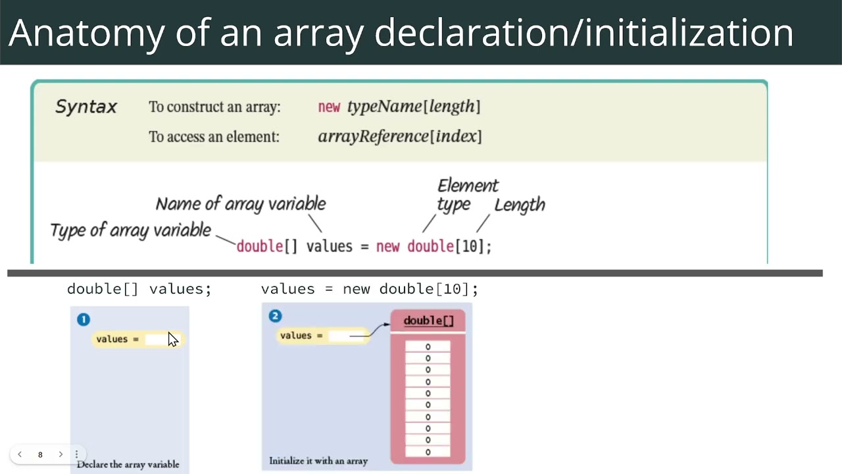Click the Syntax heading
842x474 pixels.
[86, 107]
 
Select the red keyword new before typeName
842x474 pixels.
[329, 107]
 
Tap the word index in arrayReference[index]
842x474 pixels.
[457, 136]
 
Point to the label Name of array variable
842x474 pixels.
[241, 204]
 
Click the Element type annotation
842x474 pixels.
[467, 195]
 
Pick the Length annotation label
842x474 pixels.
[520, 205]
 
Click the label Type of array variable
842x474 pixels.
[130, 230]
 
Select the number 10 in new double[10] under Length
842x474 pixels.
[470, 246]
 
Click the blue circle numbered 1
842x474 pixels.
[84, 319]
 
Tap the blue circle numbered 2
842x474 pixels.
[275, 316]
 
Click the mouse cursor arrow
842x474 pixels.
[172, 339]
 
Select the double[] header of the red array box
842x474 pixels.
[428, 321]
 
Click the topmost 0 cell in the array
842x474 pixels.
[428, 347]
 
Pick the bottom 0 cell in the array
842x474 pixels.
[428, 452]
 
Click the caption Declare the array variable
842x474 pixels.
[128, 464]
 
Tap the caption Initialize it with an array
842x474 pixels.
[318, 461]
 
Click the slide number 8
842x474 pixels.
[40, 454]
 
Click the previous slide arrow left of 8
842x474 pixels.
[20, 454]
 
